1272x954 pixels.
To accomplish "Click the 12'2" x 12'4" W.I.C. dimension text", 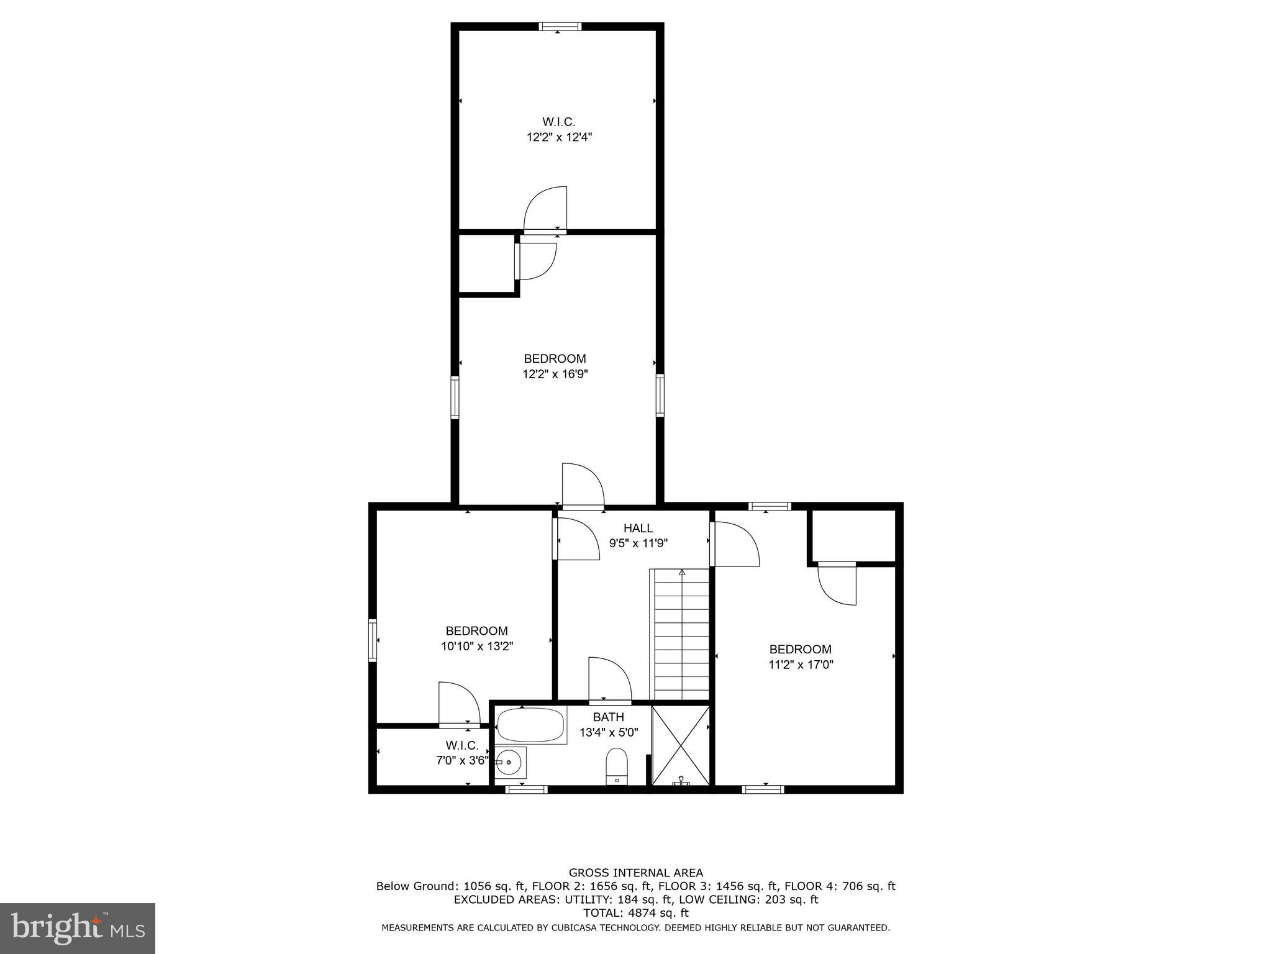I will (559, 137).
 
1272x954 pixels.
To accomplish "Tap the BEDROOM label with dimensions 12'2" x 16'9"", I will (555, 358).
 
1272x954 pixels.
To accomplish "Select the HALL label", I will (638, 528).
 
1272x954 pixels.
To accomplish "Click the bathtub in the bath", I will (531, 724).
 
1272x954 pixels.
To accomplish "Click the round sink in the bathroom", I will (511, 762).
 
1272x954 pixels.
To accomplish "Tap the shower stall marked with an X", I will (681, 745).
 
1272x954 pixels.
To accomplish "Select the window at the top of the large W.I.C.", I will (560, 27).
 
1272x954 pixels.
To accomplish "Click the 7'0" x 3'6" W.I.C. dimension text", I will (462, 760).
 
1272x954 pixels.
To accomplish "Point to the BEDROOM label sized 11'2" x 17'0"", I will (800, 649).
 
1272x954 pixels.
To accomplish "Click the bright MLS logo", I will (78, 928).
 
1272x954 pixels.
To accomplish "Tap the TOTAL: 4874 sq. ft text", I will (635, 913).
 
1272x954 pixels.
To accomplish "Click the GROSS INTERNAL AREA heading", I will (635, 873).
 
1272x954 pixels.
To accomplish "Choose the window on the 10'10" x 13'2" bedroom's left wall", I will (373, 640).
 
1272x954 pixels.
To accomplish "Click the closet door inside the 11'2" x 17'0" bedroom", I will (837, 584).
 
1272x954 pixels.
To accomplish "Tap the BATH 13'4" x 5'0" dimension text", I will (608, 732).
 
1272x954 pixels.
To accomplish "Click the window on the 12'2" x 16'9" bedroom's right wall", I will (660, 396).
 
